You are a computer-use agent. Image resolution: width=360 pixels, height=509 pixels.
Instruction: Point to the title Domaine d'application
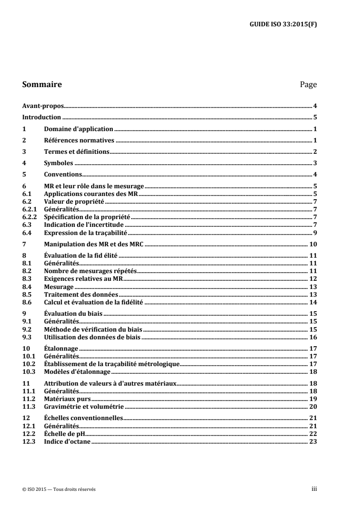pyautogui.click(x=78, y=129)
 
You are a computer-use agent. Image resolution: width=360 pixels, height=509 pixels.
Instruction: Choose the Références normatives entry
pyautogui.click(x=79, y=140)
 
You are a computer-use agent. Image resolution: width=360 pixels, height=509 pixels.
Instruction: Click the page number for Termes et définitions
pyautogui.click(x=315, y=152)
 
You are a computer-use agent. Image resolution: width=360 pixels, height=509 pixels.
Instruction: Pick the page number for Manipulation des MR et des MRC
pyautogui.click(x=313, y=244)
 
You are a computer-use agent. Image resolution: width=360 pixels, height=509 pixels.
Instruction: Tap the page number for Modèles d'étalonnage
pyautogui.click(x=313, y=372)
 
